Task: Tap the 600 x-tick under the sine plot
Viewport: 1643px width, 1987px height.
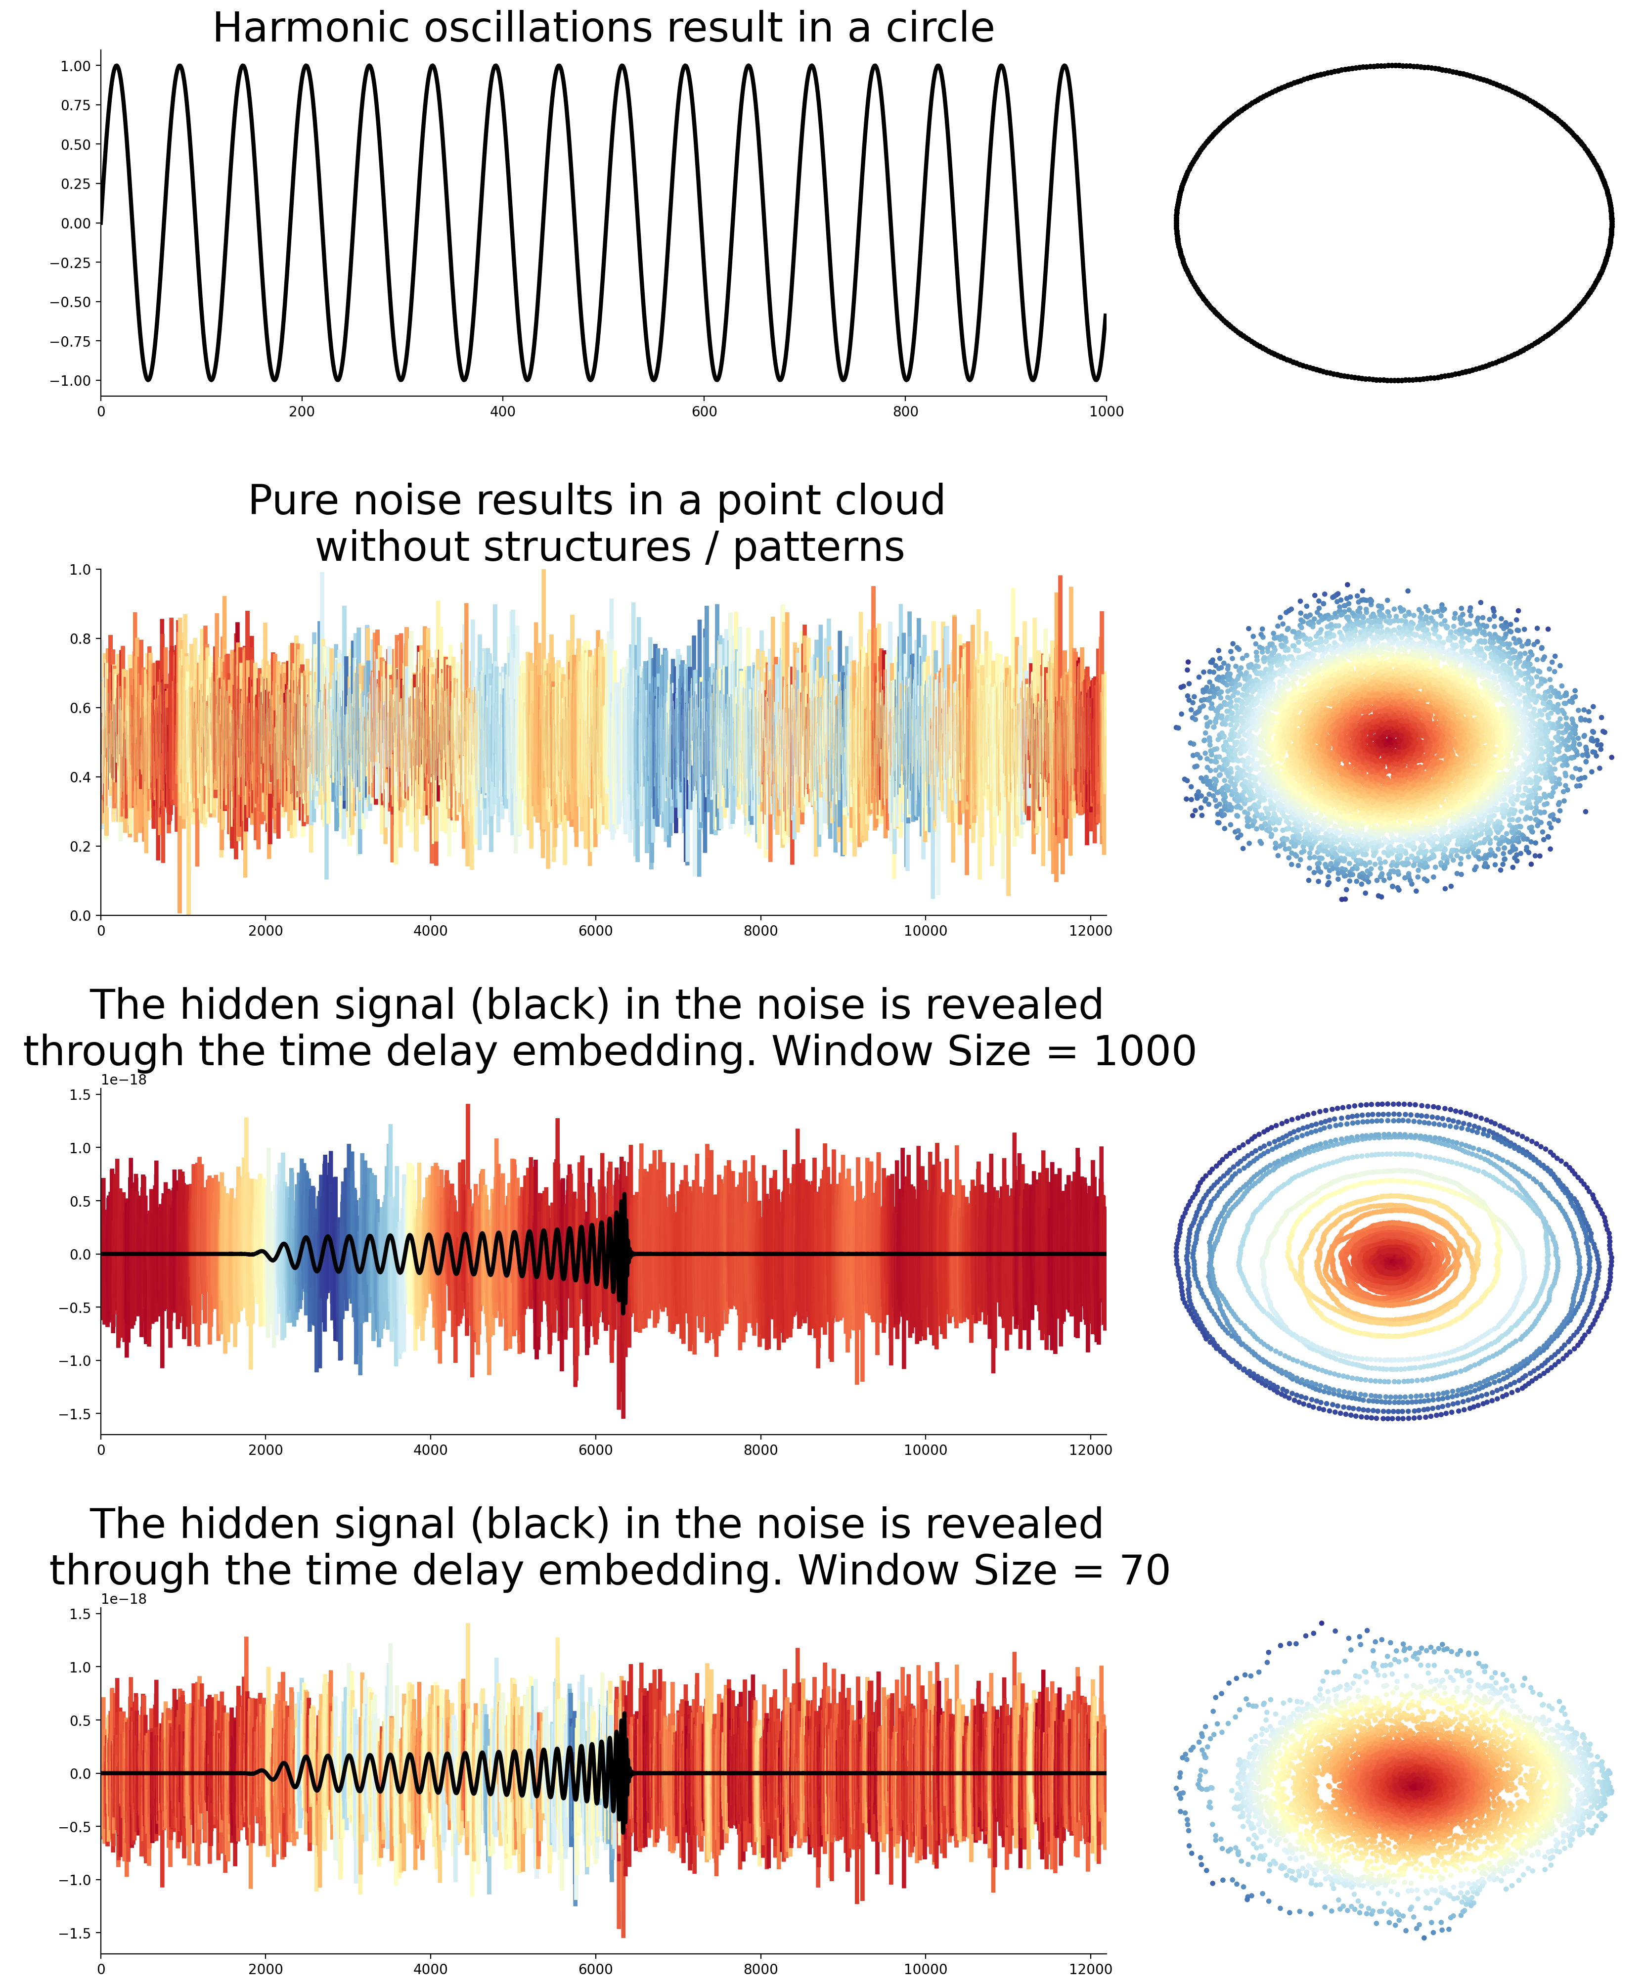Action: [704, 411]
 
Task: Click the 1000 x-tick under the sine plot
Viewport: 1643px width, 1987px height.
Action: [1106, 411]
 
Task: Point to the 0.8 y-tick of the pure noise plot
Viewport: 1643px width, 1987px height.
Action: [80, 639]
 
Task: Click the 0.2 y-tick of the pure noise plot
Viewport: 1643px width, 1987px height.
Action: [80, 846]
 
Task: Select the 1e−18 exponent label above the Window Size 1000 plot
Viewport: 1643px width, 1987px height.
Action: [124, 1080]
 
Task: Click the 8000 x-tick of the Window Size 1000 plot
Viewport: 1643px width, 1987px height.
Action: [760, 1449]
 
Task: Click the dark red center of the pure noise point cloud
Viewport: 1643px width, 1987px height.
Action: [1389, 740]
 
